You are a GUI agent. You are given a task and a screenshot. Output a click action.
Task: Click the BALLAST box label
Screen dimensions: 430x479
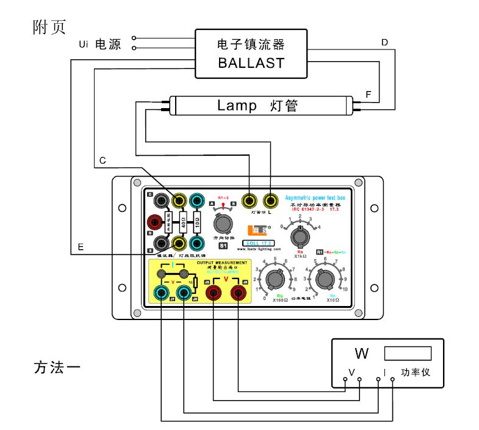[x=251, y=62]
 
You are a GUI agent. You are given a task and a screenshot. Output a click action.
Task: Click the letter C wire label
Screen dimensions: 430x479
[x=103, y=160]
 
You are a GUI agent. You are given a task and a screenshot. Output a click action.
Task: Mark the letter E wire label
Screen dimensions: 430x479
[x=81, y=246]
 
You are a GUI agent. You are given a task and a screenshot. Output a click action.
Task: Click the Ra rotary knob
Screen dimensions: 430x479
[x=299, y=235]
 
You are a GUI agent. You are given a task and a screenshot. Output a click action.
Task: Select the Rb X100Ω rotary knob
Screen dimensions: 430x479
[x=275, y=280]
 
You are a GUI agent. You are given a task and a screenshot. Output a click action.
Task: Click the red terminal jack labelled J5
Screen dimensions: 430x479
[x=214, y=294]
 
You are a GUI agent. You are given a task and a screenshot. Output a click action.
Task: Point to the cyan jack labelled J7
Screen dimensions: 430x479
[x=161, y=294]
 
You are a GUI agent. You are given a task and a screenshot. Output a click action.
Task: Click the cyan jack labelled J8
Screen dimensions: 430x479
[x=184, y=294]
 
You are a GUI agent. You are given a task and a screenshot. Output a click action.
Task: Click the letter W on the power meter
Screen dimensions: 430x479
[x=361, y=354]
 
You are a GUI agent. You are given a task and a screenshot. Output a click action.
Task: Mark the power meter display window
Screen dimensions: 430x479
[x=408, y=354]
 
